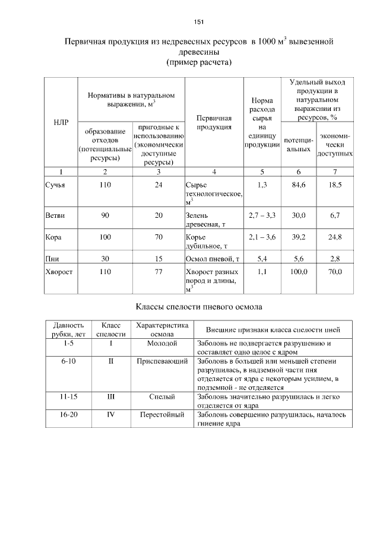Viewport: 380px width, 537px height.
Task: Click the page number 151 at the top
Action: click(199, 22)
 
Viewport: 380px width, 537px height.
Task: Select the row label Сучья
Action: click(55, 185)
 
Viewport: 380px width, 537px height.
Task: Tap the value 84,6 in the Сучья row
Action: click(299, 185)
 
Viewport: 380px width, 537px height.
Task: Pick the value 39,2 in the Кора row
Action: click(299, 237)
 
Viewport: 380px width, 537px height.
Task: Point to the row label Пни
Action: click(52, 259)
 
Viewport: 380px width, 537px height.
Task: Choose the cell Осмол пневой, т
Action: click(212, 259)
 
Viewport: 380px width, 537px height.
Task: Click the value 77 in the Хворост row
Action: click(158, 271)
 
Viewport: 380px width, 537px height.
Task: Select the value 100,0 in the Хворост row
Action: click(299, 271)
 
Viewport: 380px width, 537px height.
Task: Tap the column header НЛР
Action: click(61, 122)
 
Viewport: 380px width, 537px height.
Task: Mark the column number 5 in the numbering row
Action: click(262, 171)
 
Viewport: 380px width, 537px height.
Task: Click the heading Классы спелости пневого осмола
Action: click(199, 307)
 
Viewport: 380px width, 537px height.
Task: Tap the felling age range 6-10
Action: click(68, 361)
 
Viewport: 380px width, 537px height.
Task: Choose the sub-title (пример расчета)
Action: click(199, 62)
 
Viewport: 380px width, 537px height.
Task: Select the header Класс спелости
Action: click(110, 329)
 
